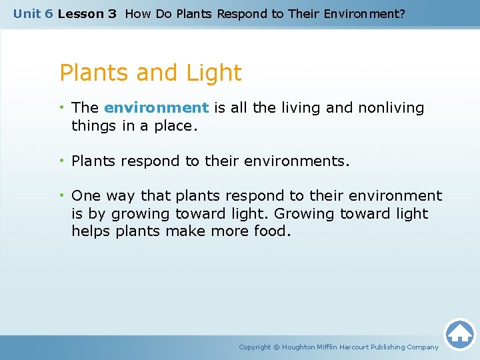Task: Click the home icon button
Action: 459,333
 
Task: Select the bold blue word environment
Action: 157,107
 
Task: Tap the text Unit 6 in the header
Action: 33,13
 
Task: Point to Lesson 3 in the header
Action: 87,13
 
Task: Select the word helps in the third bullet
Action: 91,231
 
